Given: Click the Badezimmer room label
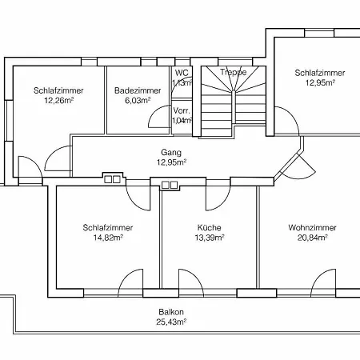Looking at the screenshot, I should coord(133,90).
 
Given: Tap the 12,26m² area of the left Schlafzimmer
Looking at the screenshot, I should coord(54,101).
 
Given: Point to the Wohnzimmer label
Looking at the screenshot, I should coord(312,227).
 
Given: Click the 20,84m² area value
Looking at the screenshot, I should coord(312,238).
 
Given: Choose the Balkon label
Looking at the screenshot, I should coord(171,313).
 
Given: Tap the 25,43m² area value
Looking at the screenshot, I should coord(171,322).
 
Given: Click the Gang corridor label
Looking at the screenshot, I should coord(171,152).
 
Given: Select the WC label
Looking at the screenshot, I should coord(182,72).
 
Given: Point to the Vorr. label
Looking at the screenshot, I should coord(182,110).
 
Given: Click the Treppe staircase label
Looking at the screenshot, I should coord(233,72).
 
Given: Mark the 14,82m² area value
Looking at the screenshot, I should coord(107,238).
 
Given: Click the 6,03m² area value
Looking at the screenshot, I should coord(133,101).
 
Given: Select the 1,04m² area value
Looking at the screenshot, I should coord(182,120).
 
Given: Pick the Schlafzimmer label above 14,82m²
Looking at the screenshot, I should coord(107,227).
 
